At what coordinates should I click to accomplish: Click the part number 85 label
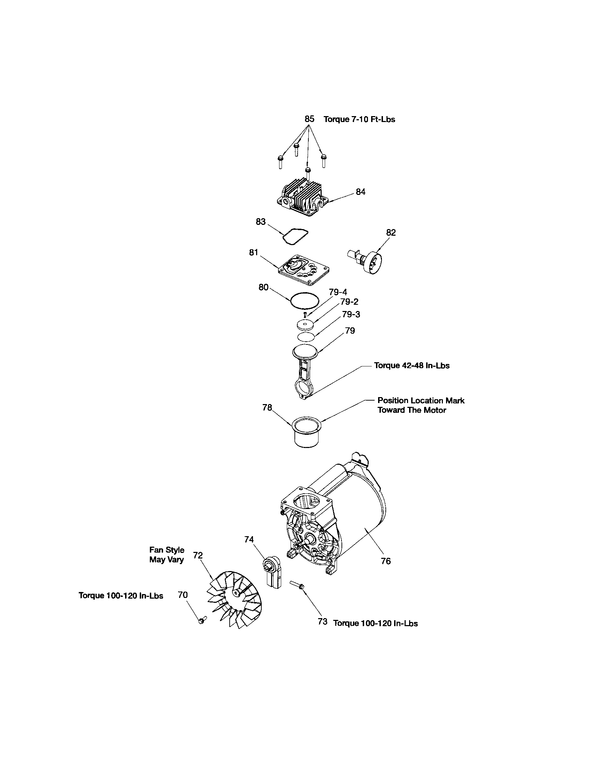(x=309, y=119)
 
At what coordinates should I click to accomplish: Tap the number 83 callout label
(x=261, y=222)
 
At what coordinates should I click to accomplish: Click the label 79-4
(x=338, y=292)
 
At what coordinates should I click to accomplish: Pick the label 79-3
(x=351, y=314)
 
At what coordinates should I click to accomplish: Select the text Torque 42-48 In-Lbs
(x=411, y=366)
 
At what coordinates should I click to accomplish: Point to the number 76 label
(x=385, y=561)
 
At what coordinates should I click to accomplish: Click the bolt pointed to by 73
(x=297, y=585)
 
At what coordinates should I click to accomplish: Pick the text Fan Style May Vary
(x=167, y=555)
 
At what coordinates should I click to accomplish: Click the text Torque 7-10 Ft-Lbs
(x=359, y=119)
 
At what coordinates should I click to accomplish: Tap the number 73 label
(x=323, y=622)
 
